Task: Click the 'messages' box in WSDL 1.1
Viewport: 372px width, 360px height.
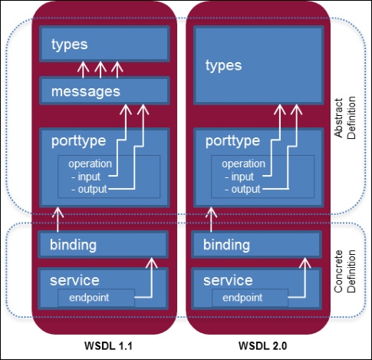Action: (x=104, y=91)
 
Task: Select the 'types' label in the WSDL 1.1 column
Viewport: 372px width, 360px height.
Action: (x=70, y=45)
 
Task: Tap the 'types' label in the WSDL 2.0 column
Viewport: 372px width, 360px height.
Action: (x=224, y=66)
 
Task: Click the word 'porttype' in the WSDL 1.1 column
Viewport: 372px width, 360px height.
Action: (x=78, y=141)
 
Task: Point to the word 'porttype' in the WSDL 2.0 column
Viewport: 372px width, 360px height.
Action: (x=232, y=141)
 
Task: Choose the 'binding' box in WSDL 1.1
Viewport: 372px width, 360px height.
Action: (x=103, y=244)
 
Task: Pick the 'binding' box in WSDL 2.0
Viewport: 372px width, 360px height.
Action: (x=256, y=244)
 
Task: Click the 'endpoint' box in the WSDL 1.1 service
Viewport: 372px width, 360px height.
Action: (x=96, y=298)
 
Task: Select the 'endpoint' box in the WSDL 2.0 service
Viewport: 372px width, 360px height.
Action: (x=250, y=298)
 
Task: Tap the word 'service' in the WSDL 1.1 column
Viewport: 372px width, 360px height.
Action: (x=74, y=280)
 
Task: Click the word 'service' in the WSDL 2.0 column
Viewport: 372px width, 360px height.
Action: (x=228, y=280)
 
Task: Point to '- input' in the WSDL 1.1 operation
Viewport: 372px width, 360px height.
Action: (x=86, y=177)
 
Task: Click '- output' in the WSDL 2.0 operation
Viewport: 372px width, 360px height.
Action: (x=242, y=190)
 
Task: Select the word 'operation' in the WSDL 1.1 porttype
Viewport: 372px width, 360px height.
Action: (x=90, y=164)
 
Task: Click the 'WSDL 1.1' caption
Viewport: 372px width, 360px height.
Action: (x=108, y=346)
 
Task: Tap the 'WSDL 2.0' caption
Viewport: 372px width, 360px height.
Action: (x=263, y=346)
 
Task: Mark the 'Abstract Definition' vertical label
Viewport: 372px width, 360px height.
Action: (x=345, y=118)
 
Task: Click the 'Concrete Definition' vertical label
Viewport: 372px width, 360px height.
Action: (x=345, y=271)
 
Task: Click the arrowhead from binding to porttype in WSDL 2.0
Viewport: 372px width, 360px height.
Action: (x=211, y=213)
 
